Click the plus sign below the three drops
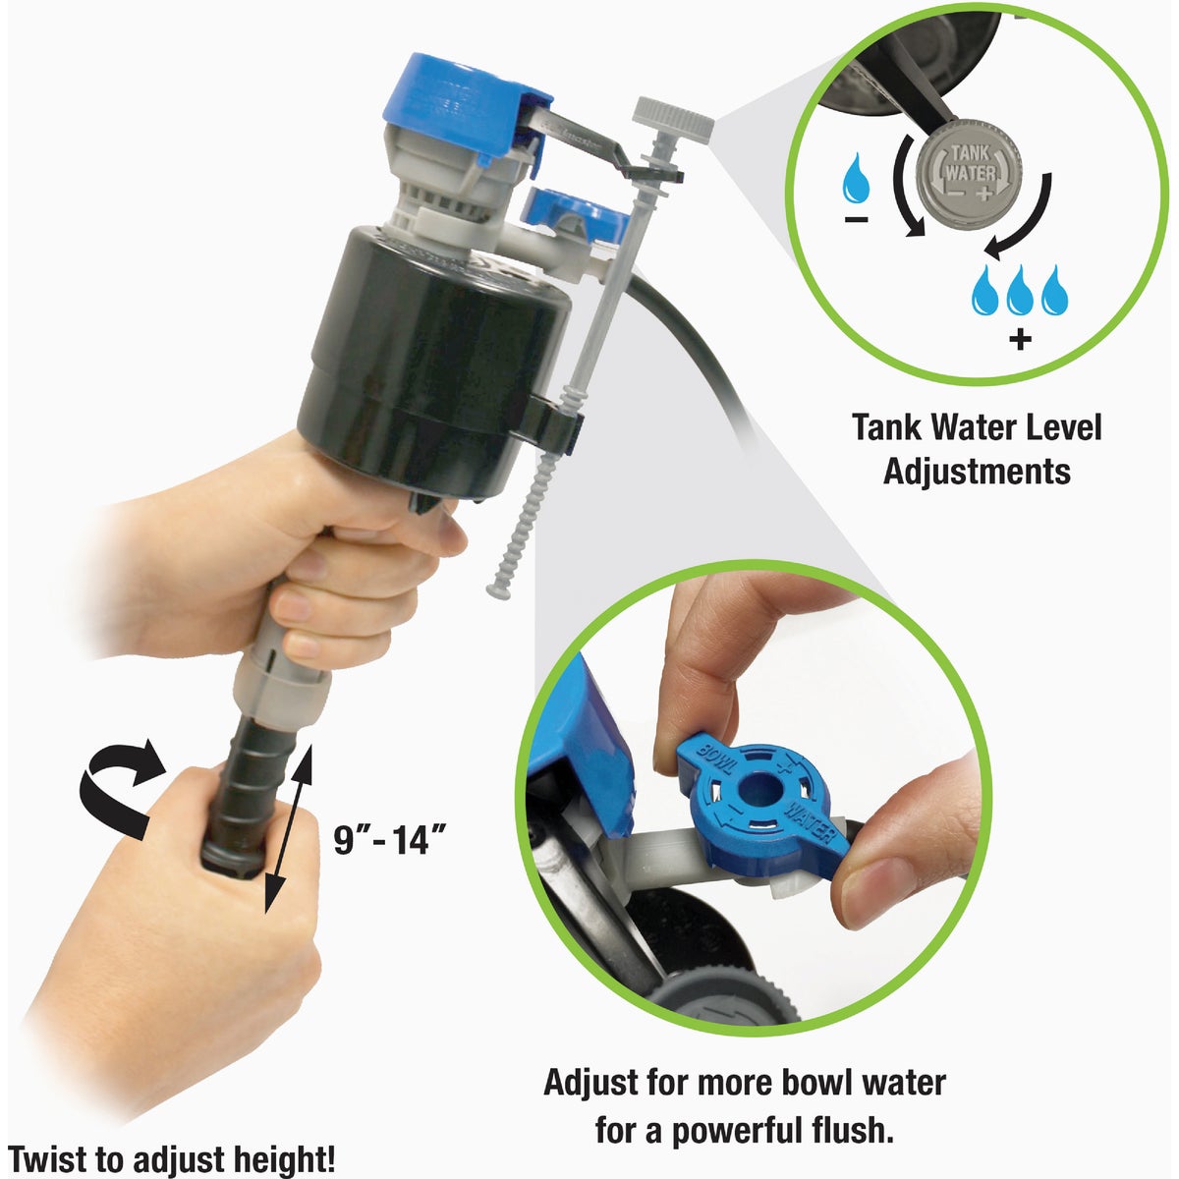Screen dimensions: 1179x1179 1021,341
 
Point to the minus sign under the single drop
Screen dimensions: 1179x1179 855,219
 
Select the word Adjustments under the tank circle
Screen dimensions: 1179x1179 977,471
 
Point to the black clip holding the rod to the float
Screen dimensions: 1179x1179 555,418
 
